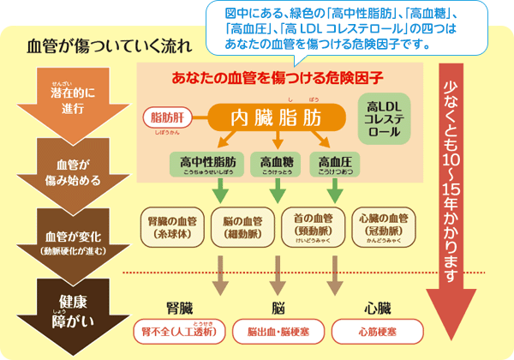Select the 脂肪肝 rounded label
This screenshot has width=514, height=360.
pyautogui.click(x=168, y=117)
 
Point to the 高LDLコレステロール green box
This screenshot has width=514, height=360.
pyautogui.click(x=383, y=118)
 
